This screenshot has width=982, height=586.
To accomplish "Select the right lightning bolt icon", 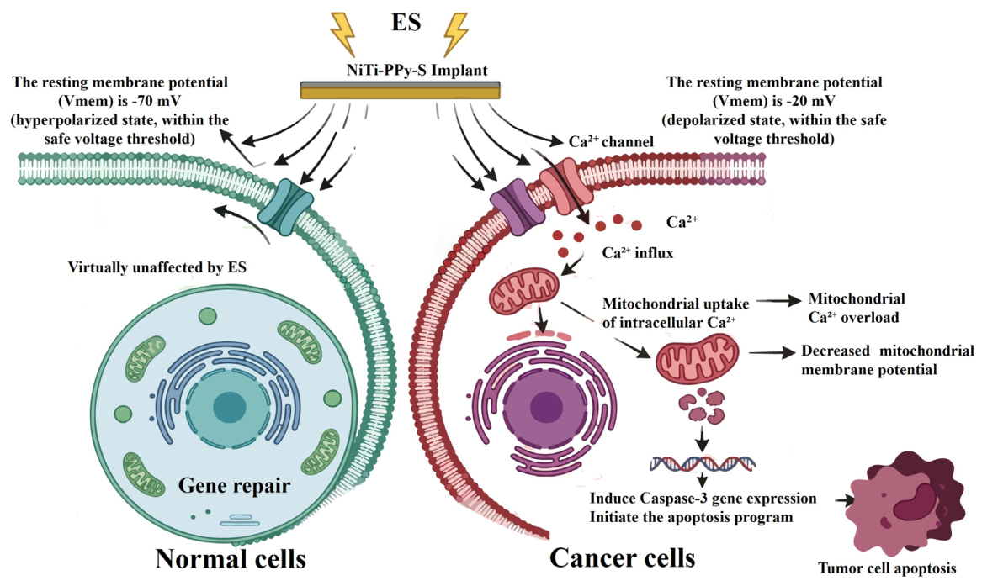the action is click(x=455, y=33).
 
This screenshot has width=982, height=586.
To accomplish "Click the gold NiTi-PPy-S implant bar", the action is click(x=401, y=91).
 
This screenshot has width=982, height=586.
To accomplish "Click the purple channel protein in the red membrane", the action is click(x=517, y=206).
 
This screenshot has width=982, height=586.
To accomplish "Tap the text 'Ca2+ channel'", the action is click(x=611, y=142).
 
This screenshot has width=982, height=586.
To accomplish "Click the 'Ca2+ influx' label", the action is click(x=638, y=253).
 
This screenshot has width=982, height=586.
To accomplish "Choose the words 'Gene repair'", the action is click(x=234, y=485).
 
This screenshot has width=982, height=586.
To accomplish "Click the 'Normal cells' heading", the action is click(x=231, y=558).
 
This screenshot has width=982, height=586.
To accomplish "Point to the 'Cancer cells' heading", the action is click(x=622, y=557).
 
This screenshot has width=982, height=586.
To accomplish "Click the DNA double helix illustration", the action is click(x=703, y=463).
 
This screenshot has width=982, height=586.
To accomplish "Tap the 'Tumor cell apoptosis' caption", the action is click(x=887, y=568).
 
